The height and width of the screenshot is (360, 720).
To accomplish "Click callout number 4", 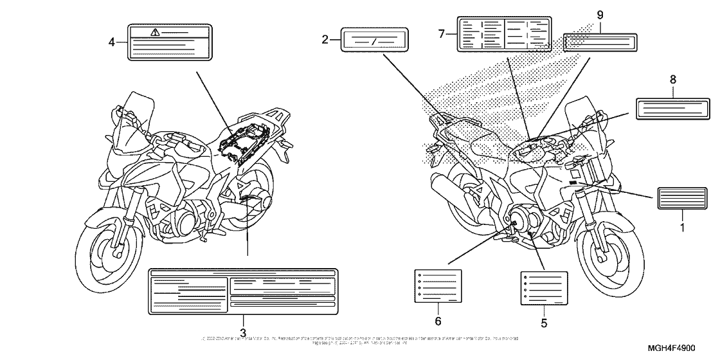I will point(112,42).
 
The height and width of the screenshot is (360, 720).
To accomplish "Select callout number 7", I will point(442,33).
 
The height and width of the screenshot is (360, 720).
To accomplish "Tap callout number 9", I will point(600,14).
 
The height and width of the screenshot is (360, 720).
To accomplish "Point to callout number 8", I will point(673,80).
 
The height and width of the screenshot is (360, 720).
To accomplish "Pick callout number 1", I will point(683,227).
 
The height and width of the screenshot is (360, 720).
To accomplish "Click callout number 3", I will point(243,332).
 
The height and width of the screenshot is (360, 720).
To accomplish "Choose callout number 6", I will point(437,319).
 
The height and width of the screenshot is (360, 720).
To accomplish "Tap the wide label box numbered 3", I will point(243,292).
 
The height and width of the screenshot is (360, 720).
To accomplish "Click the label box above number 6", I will point(437,286).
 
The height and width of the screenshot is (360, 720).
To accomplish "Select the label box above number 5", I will point(544,286).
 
